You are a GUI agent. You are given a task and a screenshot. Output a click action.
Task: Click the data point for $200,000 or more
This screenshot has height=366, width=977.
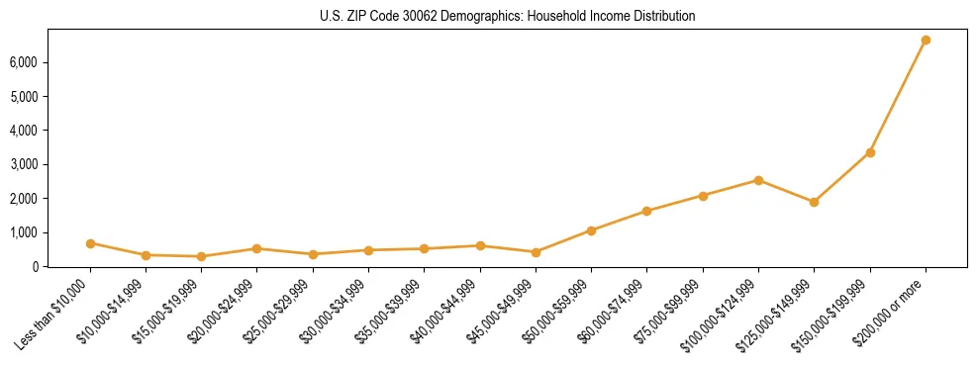pos(926,41)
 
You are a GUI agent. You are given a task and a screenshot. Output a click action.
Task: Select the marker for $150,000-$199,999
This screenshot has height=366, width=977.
pos(870,152)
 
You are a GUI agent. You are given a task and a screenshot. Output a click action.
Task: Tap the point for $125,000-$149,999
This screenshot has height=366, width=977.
pos(814,202)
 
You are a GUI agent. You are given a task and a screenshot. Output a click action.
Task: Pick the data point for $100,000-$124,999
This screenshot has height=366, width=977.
pos(758,180)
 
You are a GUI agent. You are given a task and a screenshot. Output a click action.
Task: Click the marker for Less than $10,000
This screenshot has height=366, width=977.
pos(90,243)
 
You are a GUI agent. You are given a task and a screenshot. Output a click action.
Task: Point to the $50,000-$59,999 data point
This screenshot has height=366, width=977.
pos(591,230)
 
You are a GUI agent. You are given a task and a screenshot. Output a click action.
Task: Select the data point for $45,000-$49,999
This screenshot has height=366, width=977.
pos(536,252)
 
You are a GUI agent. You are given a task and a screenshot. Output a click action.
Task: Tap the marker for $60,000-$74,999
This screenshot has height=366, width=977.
pos(646,211)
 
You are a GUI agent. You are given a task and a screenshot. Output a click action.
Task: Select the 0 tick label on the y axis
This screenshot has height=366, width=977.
pos(61,266)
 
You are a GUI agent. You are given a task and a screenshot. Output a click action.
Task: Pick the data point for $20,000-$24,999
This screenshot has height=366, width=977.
pos(257,248)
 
